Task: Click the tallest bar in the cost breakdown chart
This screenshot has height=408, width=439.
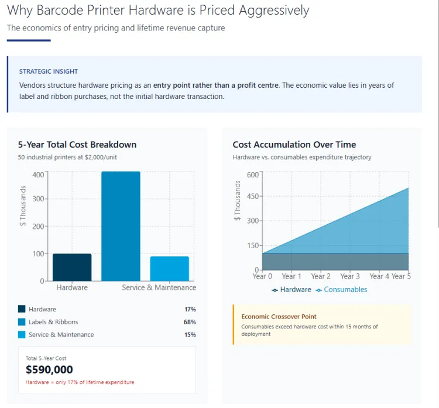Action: pos(121,226)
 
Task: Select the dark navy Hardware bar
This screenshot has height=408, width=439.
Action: pos(72,267)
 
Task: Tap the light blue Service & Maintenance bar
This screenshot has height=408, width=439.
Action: pos(169,269)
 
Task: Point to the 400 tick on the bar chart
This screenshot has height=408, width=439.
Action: pos(38,174)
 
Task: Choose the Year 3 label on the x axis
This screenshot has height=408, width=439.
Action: pos(350,276)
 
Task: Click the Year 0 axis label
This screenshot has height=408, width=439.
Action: pos(262,276)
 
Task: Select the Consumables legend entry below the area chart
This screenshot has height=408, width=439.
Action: pos(345,290)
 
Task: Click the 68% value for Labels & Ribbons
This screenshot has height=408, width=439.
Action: pos(189,322)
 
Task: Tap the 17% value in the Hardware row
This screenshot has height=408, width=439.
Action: pos(189,309)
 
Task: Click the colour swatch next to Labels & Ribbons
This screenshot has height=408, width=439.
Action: pos(22,322)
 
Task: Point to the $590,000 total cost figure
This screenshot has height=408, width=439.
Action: pos(49,369)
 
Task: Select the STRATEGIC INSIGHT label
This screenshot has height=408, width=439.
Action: pos(49,71)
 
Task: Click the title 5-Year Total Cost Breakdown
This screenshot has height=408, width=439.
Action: pos(77,145)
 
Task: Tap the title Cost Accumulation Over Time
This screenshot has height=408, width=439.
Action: pos(294,145)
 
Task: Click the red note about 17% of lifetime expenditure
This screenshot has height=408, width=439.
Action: pos(80,382)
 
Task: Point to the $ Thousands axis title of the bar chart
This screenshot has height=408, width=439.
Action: pos(23,206)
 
